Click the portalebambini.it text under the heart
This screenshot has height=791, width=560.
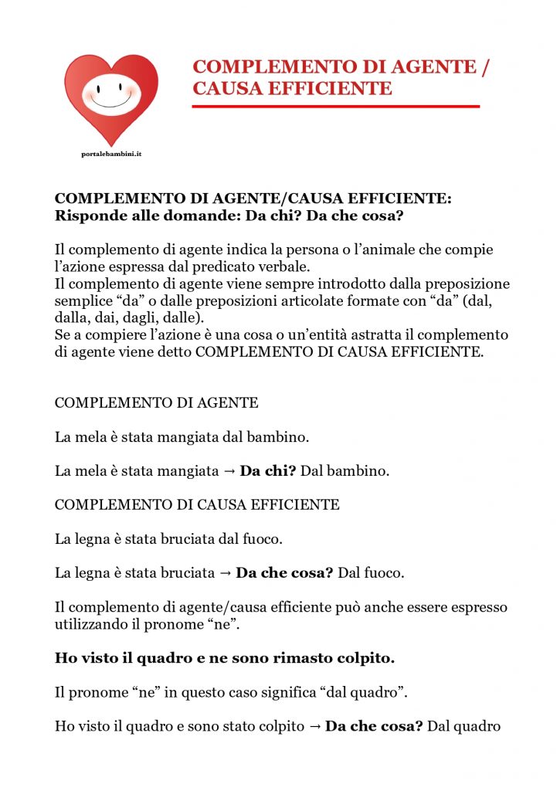pos(111,154)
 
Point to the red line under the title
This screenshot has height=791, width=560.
pos(336,107)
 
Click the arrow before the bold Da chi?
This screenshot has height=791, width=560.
pos(229,471)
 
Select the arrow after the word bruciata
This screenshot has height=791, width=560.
pos(225,573)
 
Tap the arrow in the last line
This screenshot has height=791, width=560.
pos(314,726)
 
